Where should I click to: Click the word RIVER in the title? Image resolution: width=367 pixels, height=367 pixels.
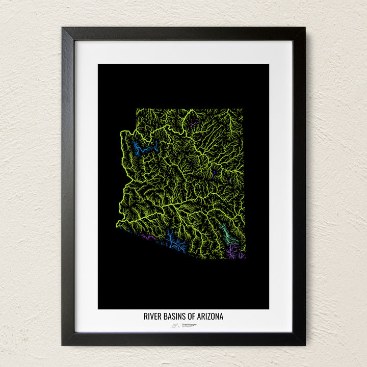[153, 317]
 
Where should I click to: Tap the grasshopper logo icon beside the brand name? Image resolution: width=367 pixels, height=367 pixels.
[175, 324]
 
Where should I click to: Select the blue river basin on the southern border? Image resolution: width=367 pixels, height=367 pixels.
[174, 242]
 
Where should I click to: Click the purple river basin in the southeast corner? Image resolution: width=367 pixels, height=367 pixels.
[234, 251]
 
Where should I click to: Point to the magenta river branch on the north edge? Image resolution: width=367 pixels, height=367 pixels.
[194, 122]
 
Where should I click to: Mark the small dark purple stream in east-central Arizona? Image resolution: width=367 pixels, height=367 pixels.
[215, 173]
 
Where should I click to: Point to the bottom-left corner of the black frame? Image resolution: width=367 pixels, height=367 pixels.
[63, 344]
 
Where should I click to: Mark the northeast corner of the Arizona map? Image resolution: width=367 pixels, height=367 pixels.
[243, 109]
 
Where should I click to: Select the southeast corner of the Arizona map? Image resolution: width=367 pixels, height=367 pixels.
[245, 258]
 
